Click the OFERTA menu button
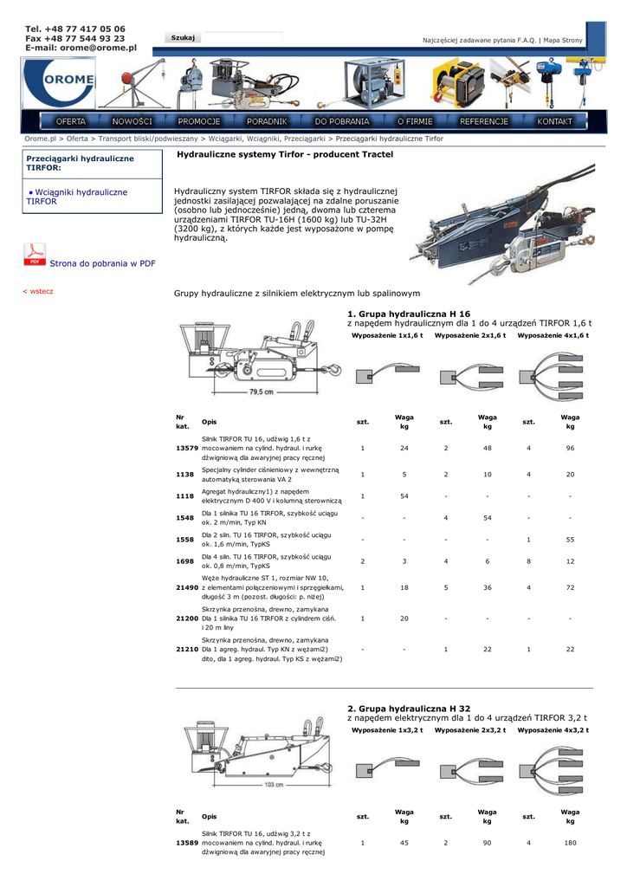pyautogui.click(x=71, y=121)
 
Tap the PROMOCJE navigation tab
pyautogui.click(x=199, y=121)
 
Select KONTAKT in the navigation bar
pyautogui.click(x=554, y=121)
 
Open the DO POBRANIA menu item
pyautogui.click(x=342, y=121)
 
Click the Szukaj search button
pyautogui.click(x=183, y=37)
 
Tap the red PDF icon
pyautogui.click(x=35, y=255)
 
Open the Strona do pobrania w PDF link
pyautogui.click(x=102, y=263)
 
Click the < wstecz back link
pyautogui.click(x=37, y=291)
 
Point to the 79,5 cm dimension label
pyautogui.click(x=262, y=392)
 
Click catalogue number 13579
pyautogui.click(x=186, y=448)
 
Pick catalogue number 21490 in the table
pyautogui.click(x=186, y=587)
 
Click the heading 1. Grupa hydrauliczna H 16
pyautogui.click(x=409, y=314)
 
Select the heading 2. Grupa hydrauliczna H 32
pyautogui.click(x=409, y=708)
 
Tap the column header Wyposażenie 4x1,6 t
pyautogui.click(x=553, y=335)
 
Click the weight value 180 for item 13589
pyautogui.click(x=570, y=842)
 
